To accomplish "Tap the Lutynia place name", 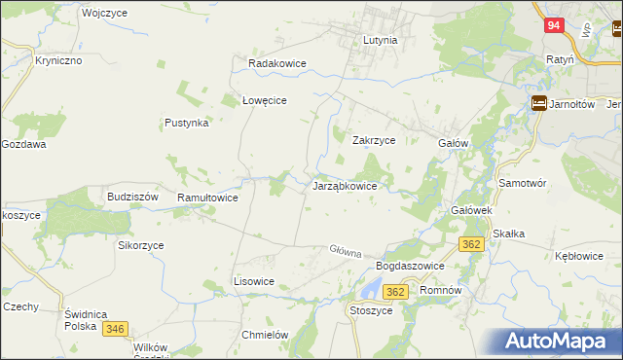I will coord(380,41).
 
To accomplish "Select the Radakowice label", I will coord(277,63).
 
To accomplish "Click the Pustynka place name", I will coord(187,124).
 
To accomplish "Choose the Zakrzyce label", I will coord(373,140).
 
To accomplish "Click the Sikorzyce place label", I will coord(141,245).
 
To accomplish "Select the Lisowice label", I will coord(254,281).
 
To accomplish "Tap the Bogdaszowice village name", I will coord(410,266).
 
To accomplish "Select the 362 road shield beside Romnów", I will coord(395,291).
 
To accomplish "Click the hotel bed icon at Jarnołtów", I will coord(539,105).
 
